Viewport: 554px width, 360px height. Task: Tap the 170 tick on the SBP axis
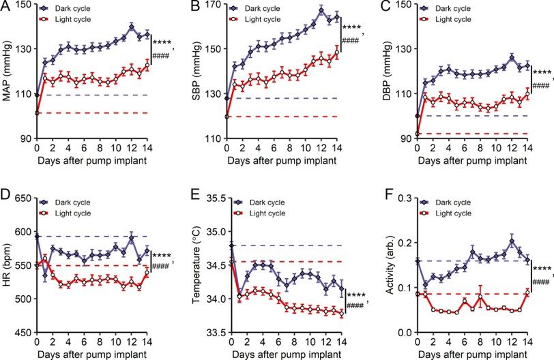tap(213, 5)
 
